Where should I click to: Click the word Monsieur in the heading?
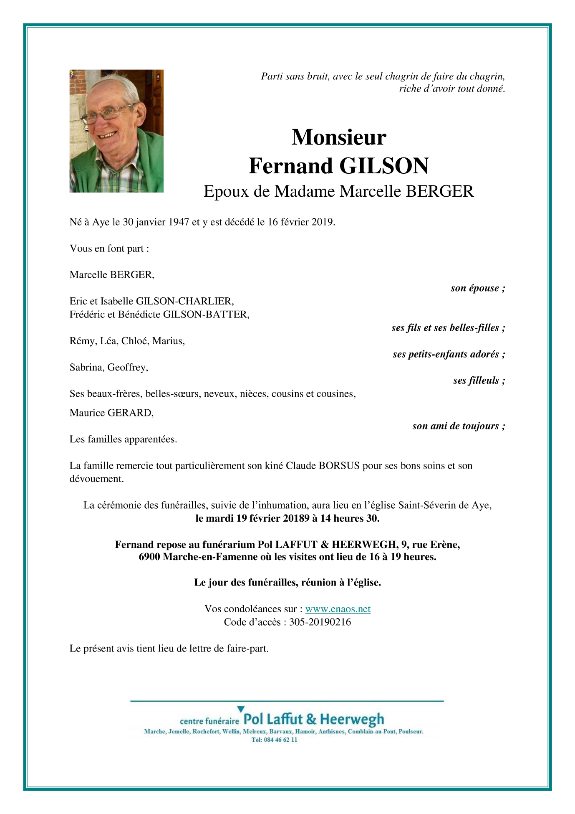(x=338, y=137)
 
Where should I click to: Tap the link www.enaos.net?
(x=338, y=609)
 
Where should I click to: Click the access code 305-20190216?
(x=320, y=622)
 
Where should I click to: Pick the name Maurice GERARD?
(x=111, y=413)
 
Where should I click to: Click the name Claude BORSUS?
(x=323, y=466)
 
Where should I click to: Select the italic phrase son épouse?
(x=475, y=288)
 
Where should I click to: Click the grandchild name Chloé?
(x=134, y=341)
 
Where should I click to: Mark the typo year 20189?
(x=296, y=518)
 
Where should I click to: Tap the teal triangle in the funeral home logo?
(x=241, y=709)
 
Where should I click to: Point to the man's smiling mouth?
(x=108, y=135)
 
